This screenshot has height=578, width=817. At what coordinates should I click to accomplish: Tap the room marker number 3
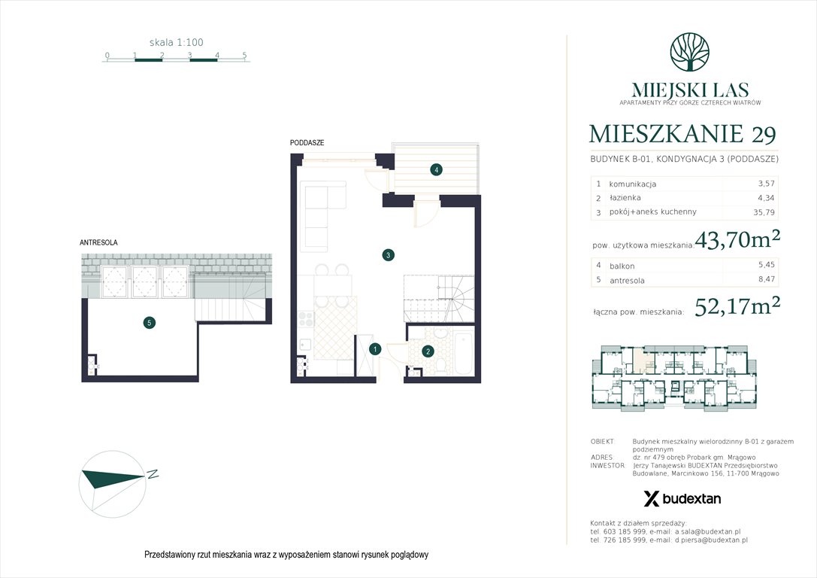click(x=387, y=255)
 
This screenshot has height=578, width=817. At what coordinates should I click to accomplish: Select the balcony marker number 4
click(x=436, y=170)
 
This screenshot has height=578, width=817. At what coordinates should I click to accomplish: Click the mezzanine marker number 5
click(x=150, y=323)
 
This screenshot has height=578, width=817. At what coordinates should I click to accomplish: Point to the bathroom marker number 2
click(x=427, y=350)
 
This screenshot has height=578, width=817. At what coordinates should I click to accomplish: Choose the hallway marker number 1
click(x=375, y=348)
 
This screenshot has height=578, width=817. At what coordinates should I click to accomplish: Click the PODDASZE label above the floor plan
click(x=307, y=142)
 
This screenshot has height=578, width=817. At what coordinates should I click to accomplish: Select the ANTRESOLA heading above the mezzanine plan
click(x=98, y=242)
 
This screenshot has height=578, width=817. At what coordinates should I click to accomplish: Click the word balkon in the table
click(x=622, y=266)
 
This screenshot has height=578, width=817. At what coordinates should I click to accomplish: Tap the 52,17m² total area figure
click(x=737, y=307)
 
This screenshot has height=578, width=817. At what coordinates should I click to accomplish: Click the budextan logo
click(x=682, y=498)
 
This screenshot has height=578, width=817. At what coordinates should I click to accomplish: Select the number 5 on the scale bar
click(x=245, y=55)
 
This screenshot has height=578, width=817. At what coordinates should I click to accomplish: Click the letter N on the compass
click(x=152, y=474)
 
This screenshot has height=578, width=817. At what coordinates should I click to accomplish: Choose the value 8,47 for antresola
click(x=765, y=280)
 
